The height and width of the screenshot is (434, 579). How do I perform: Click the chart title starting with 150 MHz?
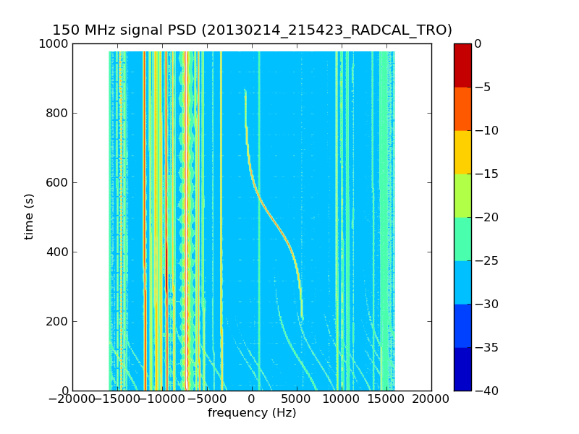click(252, 30)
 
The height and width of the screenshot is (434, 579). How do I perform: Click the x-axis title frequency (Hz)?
click(252, 413)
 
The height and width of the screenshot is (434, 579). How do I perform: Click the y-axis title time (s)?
click(30, 217)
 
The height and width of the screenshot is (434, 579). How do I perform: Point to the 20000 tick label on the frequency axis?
click(431, 399)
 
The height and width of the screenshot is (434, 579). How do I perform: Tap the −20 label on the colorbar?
click(486, 218)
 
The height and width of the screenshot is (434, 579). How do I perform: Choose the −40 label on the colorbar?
click(486, 391)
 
